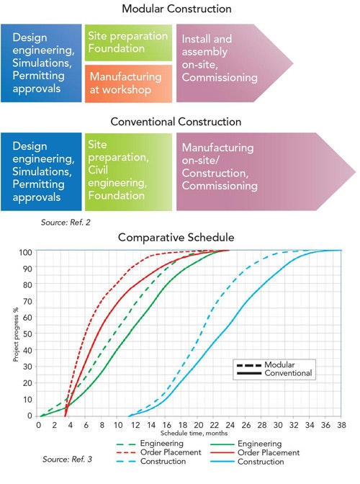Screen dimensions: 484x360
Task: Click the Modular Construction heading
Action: tap(177, 9)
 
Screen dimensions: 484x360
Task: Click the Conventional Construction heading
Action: tap(177, 122)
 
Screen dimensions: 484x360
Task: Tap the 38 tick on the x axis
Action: tap(341, 425)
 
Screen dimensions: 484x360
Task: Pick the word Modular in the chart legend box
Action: tap(279, 364)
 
